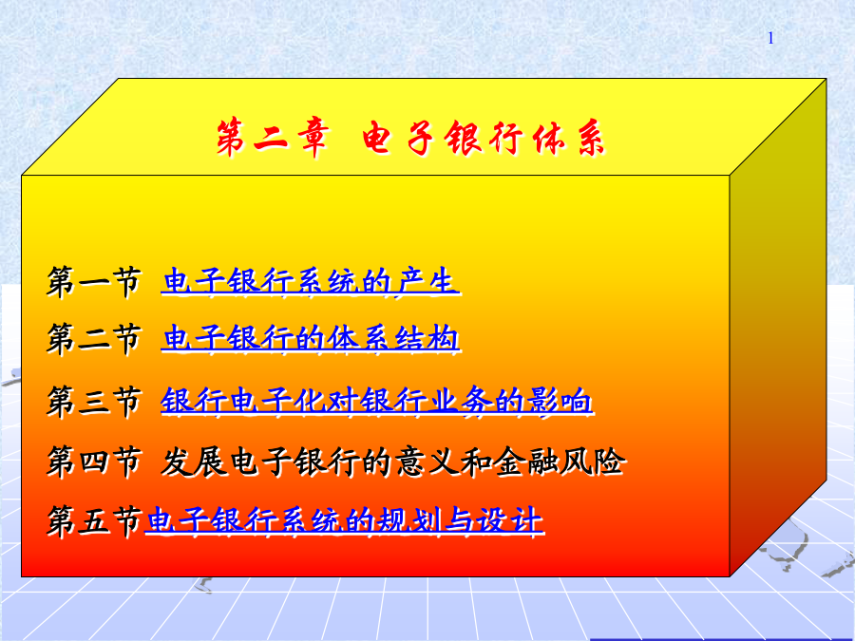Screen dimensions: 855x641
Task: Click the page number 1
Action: pyautogui.click(x=770, y=38)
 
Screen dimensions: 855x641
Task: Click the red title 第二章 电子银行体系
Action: pyautogui.click(x=410, y=139)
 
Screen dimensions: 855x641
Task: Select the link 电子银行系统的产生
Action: pyautogui.click(x=311, y=281)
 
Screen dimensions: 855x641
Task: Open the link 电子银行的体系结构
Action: pyautogui.click(x=311, y=338)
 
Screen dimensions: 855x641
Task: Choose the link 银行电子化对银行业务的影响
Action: pyautogui.click(x=377, y=402)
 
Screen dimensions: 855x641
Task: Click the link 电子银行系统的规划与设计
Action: pyautogui.click(x=345, y=520)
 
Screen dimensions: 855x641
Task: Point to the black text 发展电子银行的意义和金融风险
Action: pyautogui.click(x=392, y=462)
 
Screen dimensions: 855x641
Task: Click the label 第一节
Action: pyautogui.click(x=94, y=282)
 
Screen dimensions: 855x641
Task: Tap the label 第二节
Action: pyautogui.click(x=94, y=339)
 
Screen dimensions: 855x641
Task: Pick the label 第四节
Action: pyautogui.click(x=94, y=462)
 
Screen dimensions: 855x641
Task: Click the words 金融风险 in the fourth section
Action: pyautogui.click(x=559, y=462)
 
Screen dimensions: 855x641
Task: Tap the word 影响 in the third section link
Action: pyautogui.click(x=560, y=402)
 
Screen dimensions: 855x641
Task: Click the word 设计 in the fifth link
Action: pyautogui.click(x=510, y=520)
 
